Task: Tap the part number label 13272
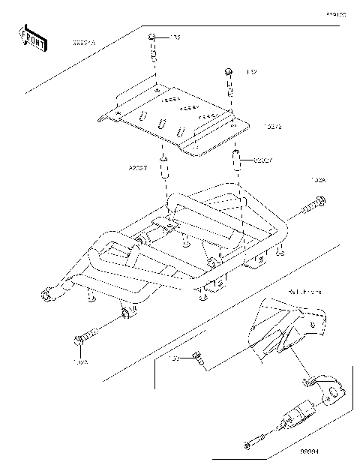coord(272,127)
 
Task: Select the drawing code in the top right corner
coord(335,13)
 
